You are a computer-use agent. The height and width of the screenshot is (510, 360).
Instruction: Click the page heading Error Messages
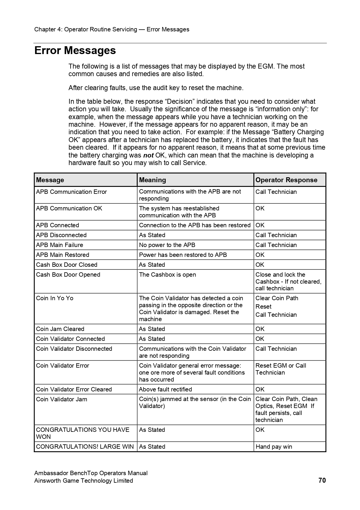[x=75, y=51]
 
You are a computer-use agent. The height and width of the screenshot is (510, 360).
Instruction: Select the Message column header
[x=50, y=180]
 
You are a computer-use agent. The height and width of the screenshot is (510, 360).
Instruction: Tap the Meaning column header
[x=152, y=180]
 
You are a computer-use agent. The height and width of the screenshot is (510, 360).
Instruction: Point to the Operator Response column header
[x=286, y=180]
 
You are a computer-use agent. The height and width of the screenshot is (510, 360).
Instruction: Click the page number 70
[x=322, y=480]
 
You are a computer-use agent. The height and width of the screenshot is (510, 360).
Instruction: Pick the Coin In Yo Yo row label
[x=55, y=298]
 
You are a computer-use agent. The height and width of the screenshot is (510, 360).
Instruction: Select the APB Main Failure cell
[x=60, y=245]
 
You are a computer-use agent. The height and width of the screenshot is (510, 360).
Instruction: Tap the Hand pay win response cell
[x=274, y=447]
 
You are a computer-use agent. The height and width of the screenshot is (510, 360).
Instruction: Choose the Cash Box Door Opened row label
[x=68, y=275]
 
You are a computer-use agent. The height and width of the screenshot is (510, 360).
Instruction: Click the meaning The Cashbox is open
[x=167, y=275]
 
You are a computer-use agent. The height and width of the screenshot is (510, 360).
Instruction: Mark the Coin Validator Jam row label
[x=62, y=399]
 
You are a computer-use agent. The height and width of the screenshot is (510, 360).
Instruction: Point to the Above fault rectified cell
[x=165, y=389]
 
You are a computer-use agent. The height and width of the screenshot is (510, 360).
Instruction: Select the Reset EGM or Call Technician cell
[x=280, y=369]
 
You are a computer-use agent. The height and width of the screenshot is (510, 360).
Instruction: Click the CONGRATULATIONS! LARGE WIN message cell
[x=85, y=447]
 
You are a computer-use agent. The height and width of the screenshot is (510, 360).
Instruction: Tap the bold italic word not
[x=148, y=155]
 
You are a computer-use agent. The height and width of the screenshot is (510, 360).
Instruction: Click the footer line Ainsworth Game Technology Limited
[x=84, y=481]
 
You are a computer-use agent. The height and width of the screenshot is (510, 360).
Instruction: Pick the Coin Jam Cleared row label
[x=60, y=329]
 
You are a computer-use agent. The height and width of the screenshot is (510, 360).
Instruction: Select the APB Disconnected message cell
[x=61, y=235]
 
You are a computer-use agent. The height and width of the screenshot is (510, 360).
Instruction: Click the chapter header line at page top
[x=112, y=29]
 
